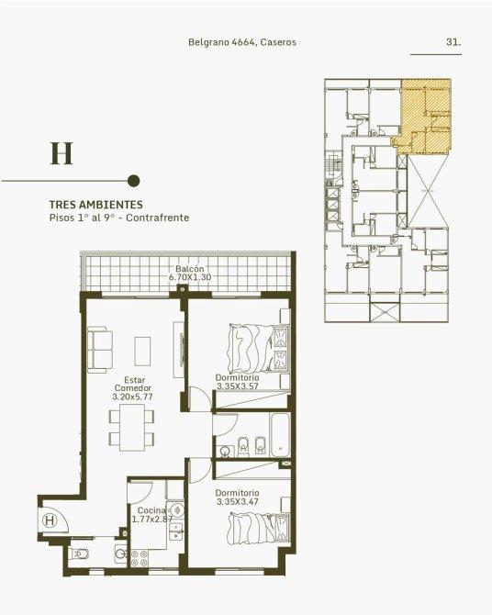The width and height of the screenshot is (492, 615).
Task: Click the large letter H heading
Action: click(61, 153)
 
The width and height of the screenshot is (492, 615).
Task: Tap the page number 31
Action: click(453, 42)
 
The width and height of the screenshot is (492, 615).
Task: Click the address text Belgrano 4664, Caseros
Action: click(242, 42)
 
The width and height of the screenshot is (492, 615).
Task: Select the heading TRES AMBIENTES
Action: click(96, 205)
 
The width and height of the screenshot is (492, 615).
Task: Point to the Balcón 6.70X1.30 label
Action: click(190, 273)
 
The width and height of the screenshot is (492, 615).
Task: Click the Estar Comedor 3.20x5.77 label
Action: click(132, 388)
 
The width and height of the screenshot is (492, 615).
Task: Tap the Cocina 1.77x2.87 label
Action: click(152, 515)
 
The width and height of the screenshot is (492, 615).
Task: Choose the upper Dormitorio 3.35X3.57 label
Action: click(238, 382)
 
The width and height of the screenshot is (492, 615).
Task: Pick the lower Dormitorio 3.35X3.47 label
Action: click(238, 497)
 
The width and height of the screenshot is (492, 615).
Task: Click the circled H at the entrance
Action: click(50, 520)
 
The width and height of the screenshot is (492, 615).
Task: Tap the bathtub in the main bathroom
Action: click(280, 434)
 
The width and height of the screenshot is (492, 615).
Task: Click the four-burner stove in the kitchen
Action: click(140, 558)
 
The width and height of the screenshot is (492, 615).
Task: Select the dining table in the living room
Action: click(131, 428)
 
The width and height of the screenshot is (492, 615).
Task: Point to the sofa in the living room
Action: click(100, 350)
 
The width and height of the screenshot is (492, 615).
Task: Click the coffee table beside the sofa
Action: click(143, 351)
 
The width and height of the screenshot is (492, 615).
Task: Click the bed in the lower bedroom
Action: click(259, 529)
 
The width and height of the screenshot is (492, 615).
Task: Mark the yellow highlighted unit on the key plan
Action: click(424, 116)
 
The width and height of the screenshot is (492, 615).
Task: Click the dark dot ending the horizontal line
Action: click(134, 181)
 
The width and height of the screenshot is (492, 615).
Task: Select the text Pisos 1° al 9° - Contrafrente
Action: click(119, 218)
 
